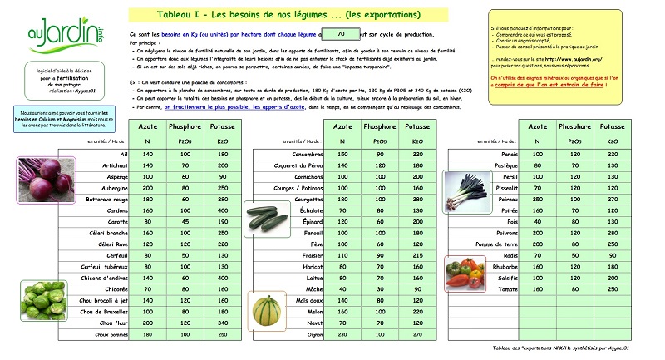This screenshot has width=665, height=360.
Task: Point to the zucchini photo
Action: coord(267,218)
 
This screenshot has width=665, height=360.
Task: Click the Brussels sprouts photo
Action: coord(41,298)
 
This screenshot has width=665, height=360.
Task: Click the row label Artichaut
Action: coord(112,166)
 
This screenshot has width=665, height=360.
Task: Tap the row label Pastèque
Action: coord(499,166)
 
